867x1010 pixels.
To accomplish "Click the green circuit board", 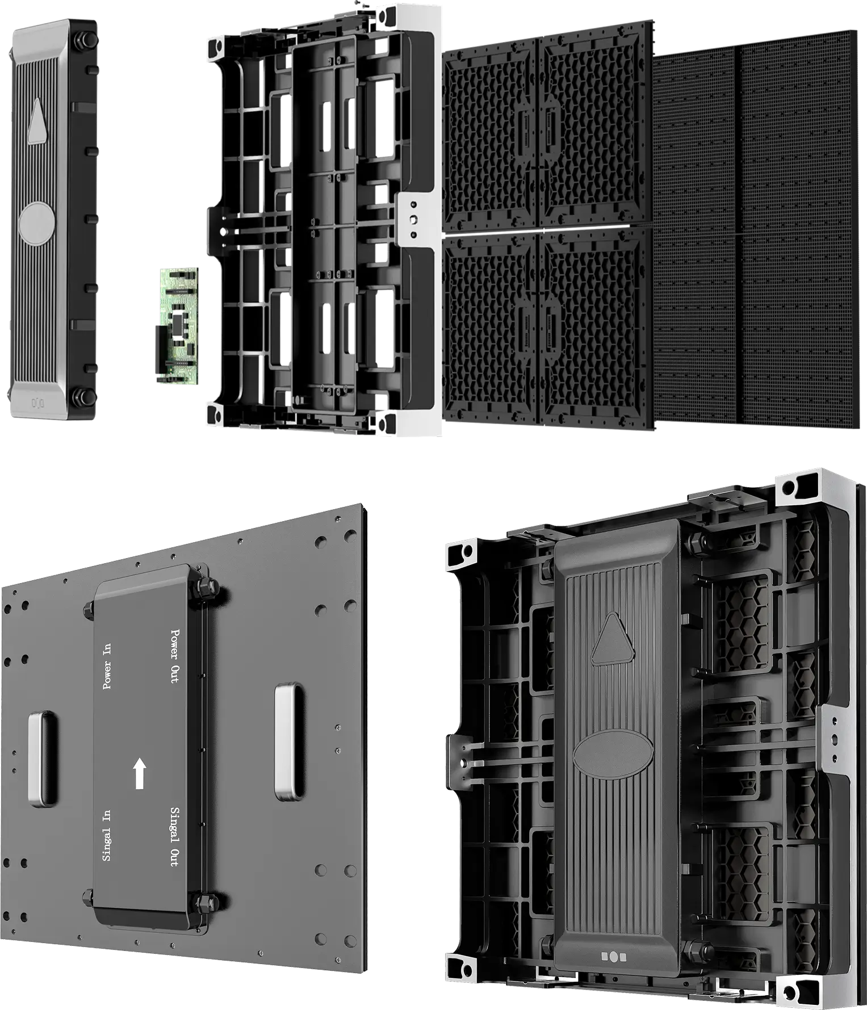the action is [x=178, y=325].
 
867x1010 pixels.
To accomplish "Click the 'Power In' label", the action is [x=106, y=667].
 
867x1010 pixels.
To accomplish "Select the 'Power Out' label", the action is [x=174, y=655].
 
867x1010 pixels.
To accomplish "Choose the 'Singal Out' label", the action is [x=174, y=836].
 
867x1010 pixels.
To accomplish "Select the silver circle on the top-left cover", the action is [x=37, y=224].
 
